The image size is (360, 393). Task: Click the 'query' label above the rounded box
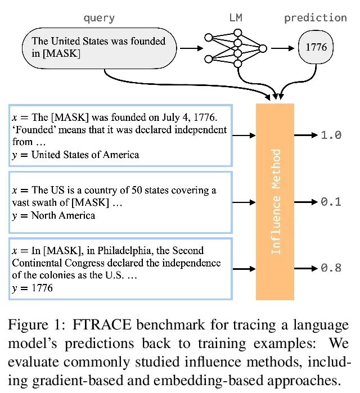[x=99, y=17]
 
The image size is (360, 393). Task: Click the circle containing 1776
[x=316, y=48]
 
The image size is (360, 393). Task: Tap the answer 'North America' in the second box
[x=63, y=215]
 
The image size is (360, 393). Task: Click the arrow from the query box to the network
[x=192, y=48]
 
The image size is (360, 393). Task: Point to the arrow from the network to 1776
[x=281, y=48]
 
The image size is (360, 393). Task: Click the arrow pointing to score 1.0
[x=307, y=135]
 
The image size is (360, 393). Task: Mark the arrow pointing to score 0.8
[x=307, y=268]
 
